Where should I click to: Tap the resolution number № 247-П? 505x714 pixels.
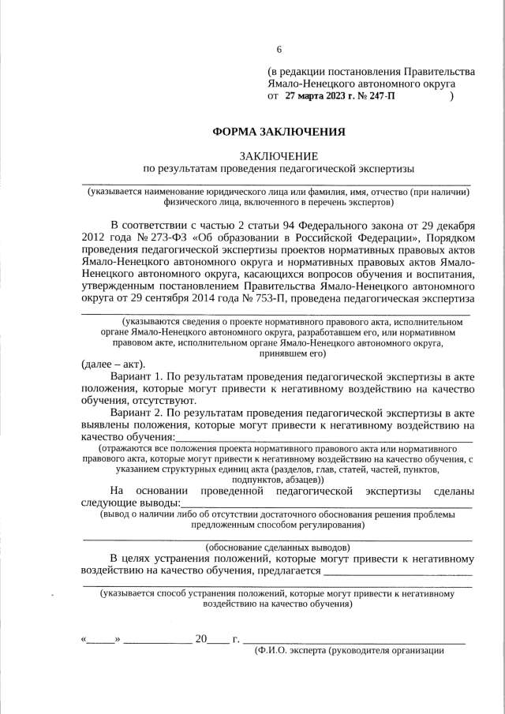[380, 96]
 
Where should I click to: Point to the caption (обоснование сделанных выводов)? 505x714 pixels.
[278, 547]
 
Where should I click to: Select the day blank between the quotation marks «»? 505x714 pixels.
[101, 638]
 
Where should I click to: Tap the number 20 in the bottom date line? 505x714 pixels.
[200, 638]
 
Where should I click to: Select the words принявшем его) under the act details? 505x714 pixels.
[278, 353]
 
